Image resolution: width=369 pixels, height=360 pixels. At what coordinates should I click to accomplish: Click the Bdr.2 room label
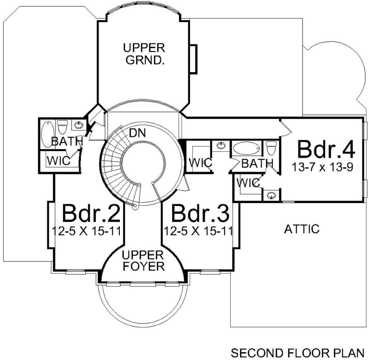[x=91, y=213]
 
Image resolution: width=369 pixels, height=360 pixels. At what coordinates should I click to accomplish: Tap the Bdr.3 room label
[x=200, y=213]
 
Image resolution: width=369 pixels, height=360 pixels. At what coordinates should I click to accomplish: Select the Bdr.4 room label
[x=326, y=149]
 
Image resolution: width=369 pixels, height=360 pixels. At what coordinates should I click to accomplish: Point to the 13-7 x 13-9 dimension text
[x=322, y=167]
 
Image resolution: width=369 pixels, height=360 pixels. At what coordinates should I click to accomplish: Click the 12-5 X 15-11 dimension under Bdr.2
[x=86, y=231]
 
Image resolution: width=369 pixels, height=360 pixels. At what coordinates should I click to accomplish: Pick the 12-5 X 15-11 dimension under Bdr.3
[x=198, y=231]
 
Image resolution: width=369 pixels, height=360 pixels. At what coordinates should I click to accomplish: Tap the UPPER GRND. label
[x=144, y=54]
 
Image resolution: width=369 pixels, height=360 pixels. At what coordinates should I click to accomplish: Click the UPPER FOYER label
[x=143, y=261]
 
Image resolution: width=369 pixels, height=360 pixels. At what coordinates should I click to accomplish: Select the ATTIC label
[x=302, y=229]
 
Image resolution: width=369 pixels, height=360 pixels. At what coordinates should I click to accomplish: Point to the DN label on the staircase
[x=137, y=133]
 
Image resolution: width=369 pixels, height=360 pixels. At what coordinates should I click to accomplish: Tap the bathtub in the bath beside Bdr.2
[x=48, y=134]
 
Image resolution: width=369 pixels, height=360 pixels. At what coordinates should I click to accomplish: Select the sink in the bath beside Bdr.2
[x=79, y=125]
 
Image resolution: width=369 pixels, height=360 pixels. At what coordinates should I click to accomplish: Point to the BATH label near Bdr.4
[x=257, y=163]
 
